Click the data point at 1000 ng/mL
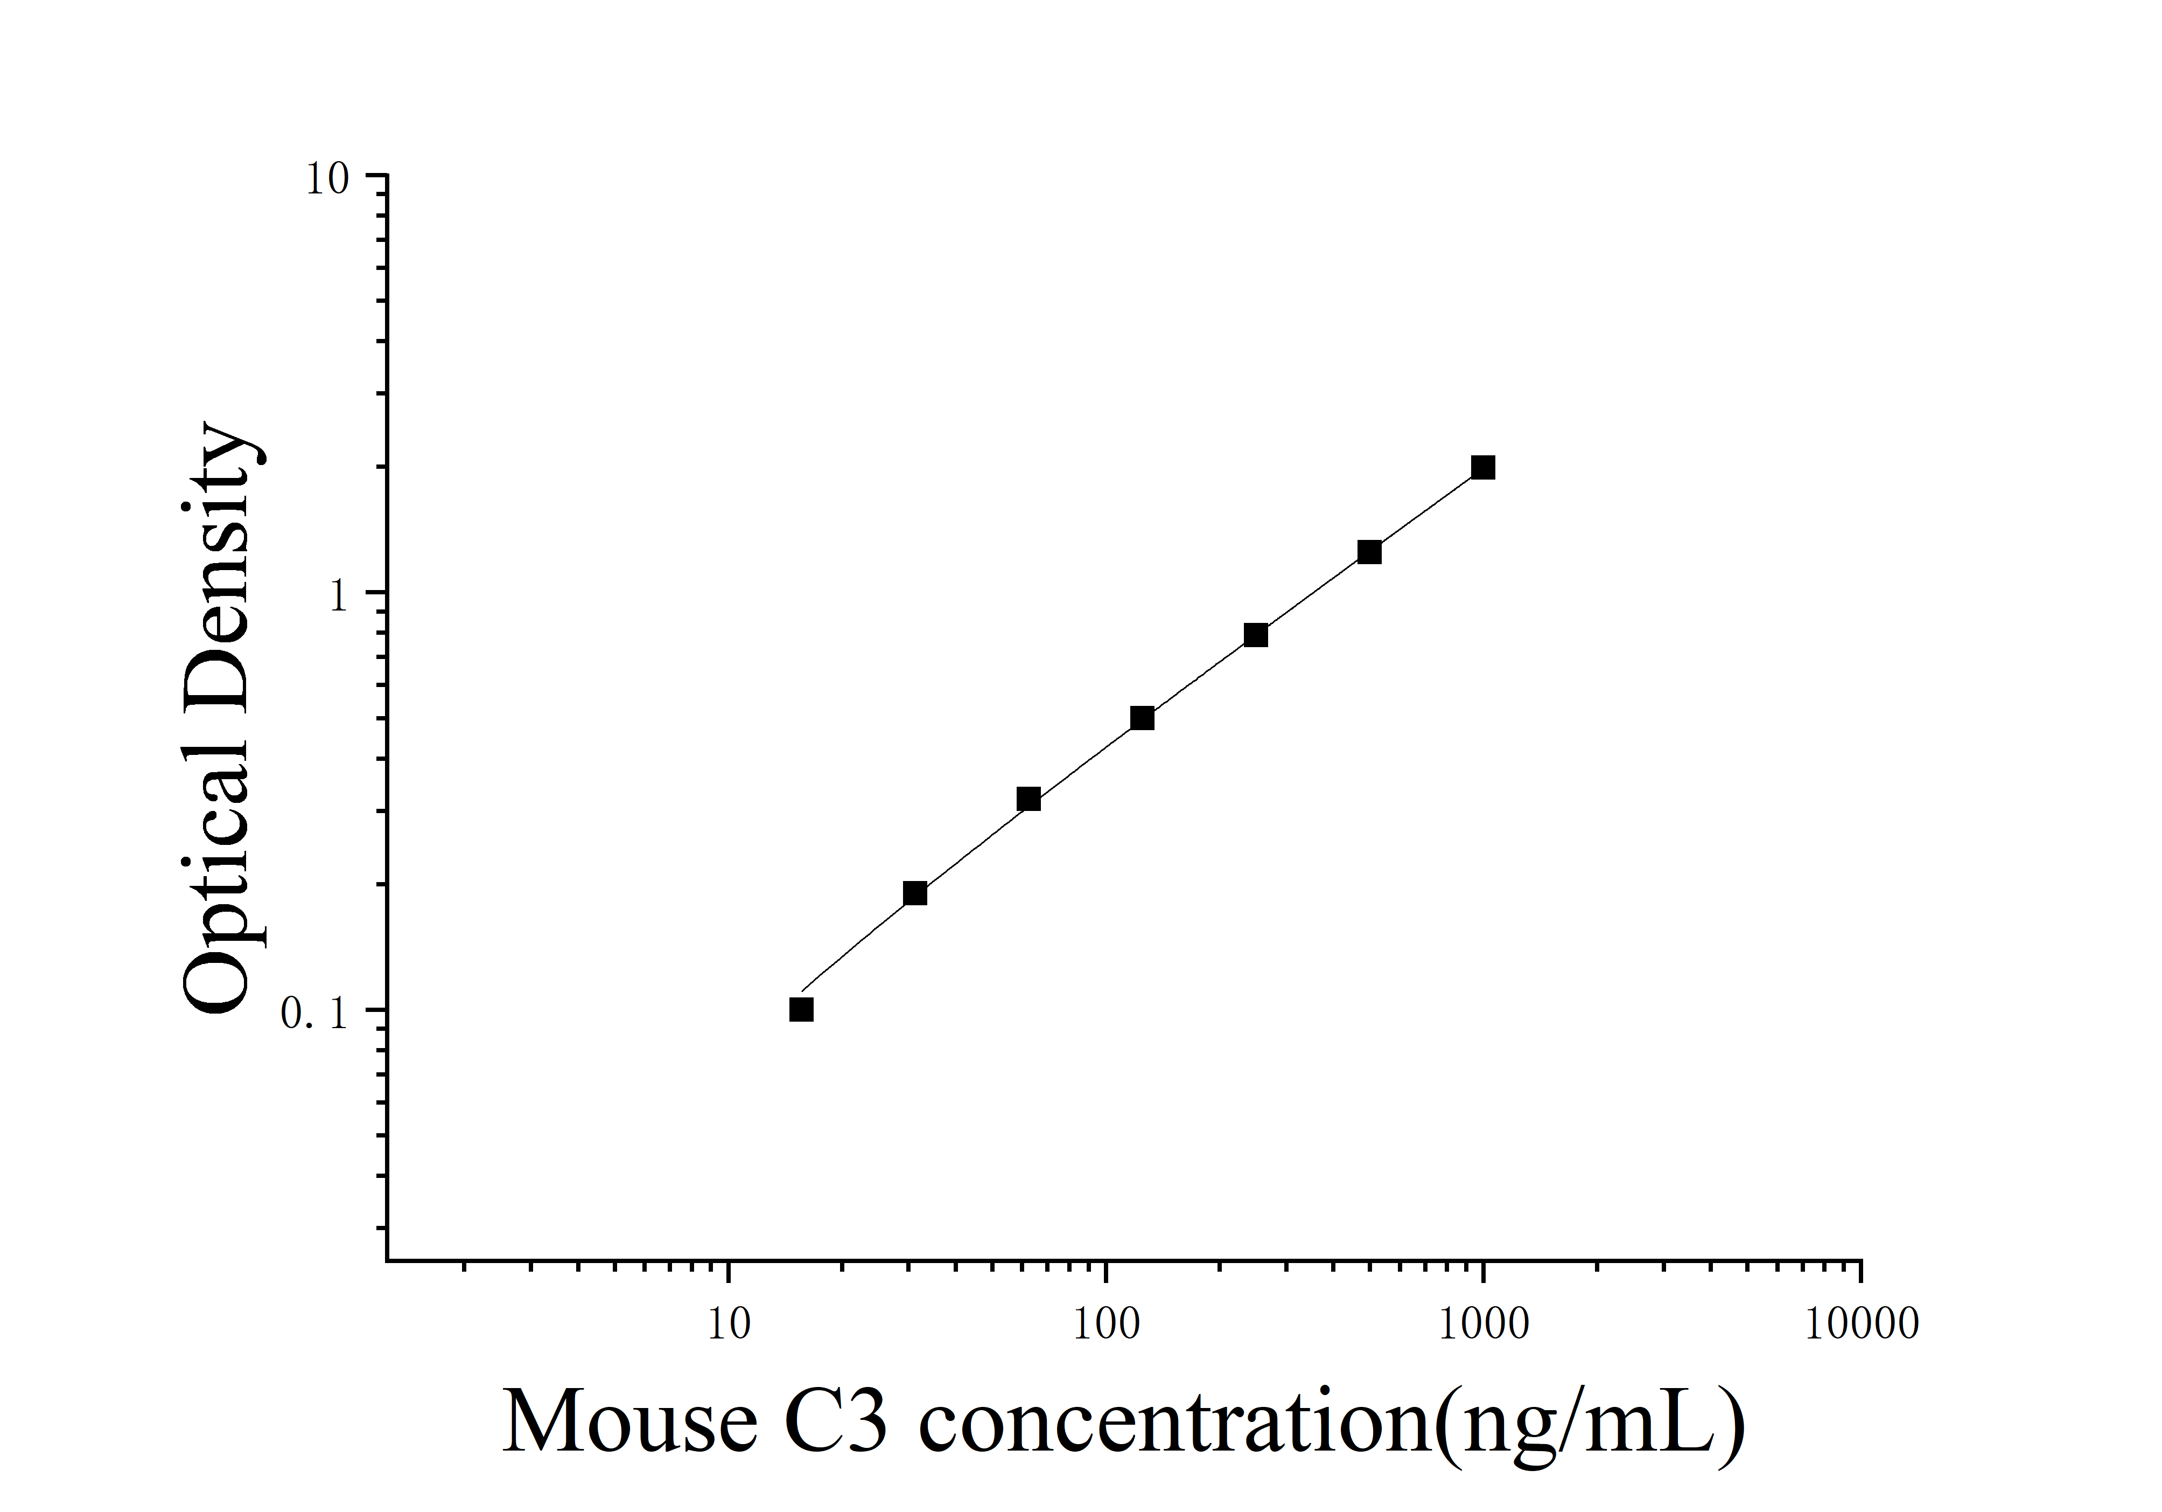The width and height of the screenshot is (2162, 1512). (1483, 467)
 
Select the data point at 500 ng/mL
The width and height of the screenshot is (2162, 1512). (1369, 552)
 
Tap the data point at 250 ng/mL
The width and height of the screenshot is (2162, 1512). (1255, 635)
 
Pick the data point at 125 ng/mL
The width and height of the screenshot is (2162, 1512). (1142, 718)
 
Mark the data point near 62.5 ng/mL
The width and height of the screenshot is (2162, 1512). (1028, 800)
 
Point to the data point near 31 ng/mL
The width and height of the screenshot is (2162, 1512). (914, 893)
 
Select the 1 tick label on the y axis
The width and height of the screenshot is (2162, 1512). (339, 595)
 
